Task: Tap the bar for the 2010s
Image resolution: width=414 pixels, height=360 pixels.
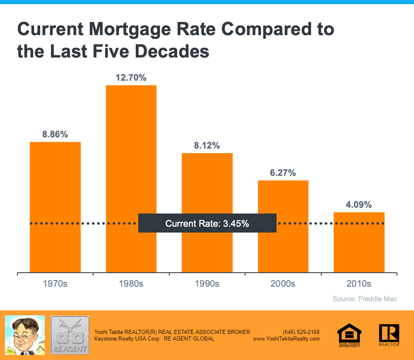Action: click(359, 248)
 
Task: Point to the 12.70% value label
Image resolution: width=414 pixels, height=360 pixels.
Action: click(131, 77)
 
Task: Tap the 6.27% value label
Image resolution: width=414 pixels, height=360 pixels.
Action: click(283, 173)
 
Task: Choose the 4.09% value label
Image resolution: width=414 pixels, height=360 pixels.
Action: click(359, 204)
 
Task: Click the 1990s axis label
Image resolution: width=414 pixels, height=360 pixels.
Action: click(207, 284)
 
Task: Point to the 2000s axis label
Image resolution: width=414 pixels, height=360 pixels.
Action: click(283, 284)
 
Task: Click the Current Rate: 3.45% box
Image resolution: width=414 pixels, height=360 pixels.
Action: click(207, 223)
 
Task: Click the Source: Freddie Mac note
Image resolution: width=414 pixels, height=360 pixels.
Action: click(365, 298)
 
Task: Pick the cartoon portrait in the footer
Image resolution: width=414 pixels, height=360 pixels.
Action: click(24, 335)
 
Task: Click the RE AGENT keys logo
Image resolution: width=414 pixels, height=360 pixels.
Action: click(70, 335)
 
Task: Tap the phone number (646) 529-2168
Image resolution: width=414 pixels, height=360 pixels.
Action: click(301, 332)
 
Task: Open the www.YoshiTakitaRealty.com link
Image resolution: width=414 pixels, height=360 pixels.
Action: click(286, 338)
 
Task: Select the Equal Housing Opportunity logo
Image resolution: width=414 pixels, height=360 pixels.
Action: click(349, 335)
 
